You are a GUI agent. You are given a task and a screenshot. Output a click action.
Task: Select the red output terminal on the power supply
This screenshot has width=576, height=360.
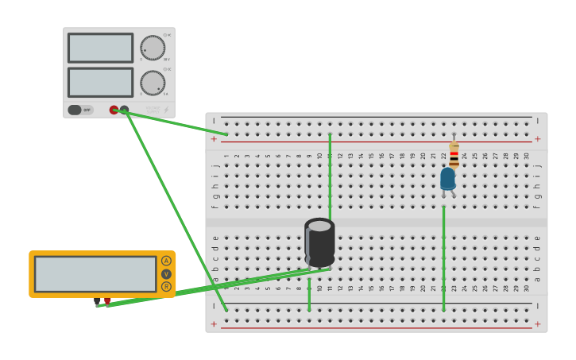(x=114, y=110)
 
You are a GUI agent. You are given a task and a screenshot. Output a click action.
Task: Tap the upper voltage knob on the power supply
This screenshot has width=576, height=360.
(x=153, y=48)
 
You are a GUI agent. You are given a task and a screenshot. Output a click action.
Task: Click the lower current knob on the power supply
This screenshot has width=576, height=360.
(x=153, y=83)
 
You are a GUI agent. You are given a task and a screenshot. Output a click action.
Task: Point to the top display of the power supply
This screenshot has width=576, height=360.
(x=100, y=48)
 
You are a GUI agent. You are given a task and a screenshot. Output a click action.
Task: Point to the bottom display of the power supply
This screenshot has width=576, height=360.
(x=100, y=83)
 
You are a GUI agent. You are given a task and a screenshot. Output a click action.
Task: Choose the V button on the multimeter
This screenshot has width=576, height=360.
(x=166, y=273)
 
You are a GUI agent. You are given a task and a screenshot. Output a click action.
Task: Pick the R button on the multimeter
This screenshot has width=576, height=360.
(x=166, y=286)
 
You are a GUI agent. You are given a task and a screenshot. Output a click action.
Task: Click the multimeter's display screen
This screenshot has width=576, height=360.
(x=95, y=273)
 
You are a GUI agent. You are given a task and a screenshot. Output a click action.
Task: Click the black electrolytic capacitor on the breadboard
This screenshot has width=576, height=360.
(x=319, y=243)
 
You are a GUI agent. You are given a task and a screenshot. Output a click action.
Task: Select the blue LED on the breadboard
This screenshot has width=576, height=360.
(x=448, y=179)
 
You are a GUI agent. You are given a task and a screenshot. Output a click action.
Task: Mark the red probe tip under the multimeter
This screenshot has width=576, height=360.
(x=107, y=301)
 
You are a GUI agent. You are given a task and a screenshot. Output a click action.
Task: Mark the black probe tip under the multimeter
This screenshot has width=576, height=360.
(x=98, y=302)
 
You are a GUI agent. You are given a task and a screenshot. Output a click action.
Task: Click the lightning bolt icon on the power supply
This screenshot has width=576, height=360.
(x=166, y=110)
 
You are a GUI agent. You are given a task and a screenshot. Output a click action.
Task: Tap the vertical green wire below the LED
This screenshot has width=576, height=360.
(x=443, y=254)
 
